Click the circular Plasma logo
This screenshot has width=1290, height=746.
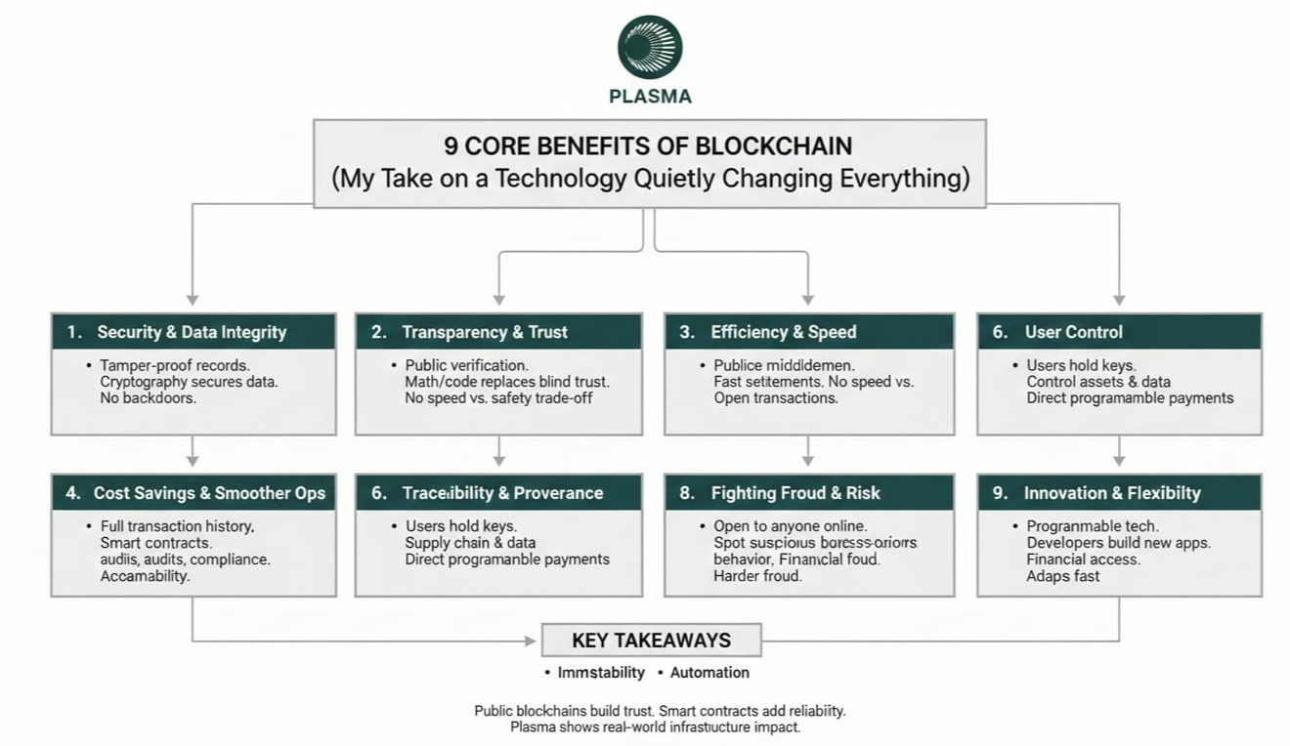[x=650, y=47]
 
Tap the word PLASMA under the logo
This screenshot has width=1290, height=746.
[x=650, y=97]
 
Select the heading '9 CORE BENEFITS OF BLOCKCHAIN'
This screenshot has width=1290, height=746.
[x=648, y=146]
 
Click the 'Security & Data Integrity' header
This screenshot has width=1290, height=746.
[x=192, y=332]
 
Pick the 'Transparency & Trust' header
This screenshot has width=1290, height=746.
[x=485, y=332]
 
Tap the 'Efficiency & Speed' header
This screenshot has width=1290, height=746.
[x=783, y=332]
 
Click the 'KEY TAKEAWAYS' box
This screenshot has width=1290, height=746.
[x=651, y=641]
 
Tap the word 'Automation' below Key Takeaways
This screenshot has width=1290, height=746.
[x=709, y=673]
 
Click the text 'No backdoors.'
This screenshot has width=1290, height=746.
[x=149, y=398]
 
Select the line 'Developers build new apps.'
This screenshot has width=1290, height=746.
[x=1118, y=543]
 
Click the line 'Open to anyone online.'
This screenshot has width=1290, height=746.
[x=790, y=526]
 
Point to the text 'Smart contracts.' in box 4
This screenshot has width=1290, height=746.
[x=156, y=543]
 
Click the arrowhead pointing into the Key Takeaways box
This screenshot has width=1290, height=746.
[x=531, y=642]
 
